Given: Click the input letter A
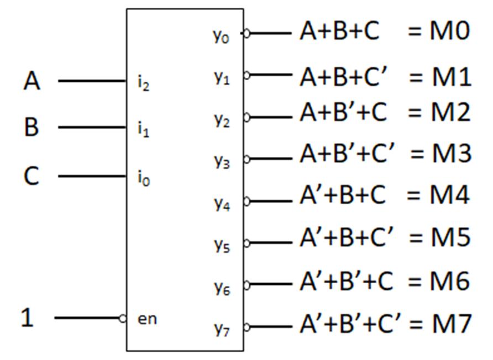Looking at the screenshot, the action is tap(32, 81).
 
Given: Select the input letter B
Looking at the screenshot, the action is tap(32, 127).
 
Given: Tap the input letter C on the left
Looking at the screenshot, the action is tap(32, 176).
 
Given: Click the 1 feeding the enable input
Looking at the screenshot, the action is tap(27, 317).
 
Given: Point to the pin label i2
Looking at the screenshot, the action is tap(143, 84).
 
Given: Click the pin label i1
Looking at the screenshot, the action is tap(143, 130).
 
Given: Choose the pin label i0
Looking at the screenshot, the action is tap(143, 179).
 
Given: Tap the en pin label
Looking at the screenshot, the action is tap(146, 319).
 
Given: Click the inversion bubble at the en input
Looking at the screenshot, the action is tap(123, 318).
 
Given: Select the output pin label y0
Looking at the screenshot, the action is tap(222, 36).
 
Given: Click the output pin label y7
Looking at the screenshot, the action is tap(222, 329).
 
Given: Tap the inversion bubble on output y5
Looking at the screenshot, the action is tap(246, 242).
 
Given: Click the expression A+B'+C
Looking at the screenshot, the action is tap(343, 113).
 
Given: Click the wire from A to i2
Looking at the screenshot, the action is tap(92, 81).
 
